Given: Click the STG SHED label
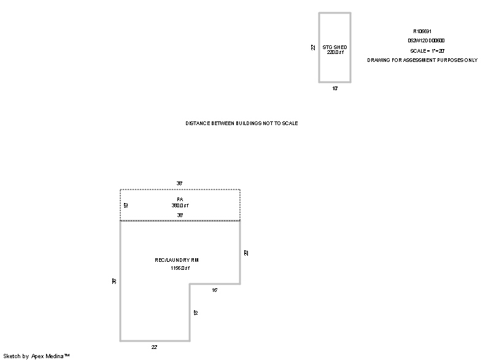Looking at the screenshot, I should pos(334,47).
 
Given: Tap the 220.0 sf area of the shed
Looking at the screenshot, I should pos(335,53).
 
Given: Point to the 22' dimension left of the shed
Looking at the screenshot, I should pos(313,47).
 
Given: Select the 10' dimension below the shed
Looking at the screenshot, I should pos(334,88).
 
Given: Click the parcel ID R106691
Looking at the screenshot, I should pos(422,31).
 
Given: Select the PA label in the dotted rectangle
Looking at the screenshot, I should pos(180,200).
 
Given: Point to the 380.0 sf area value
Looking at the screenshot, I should pos(180,205).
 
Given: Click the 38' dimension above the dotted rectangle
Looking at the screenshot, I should pos(180,183).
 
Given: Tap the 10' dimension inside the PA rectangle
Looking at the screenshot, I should pos(126,205).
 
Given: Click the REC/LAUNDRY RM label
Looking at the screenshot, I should pos(177,261).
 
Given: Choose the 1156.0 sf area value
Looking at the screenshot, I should pos(180,268).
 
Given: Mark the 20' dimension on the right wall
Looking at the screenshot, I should pos(246,252).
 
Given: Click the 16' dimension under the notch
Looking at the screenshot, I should pos(215,290).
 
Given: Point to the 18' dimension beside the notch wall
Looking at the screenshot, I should pos(195,313).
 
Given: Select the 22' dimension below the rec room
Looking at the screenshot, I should pos(155,347).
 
